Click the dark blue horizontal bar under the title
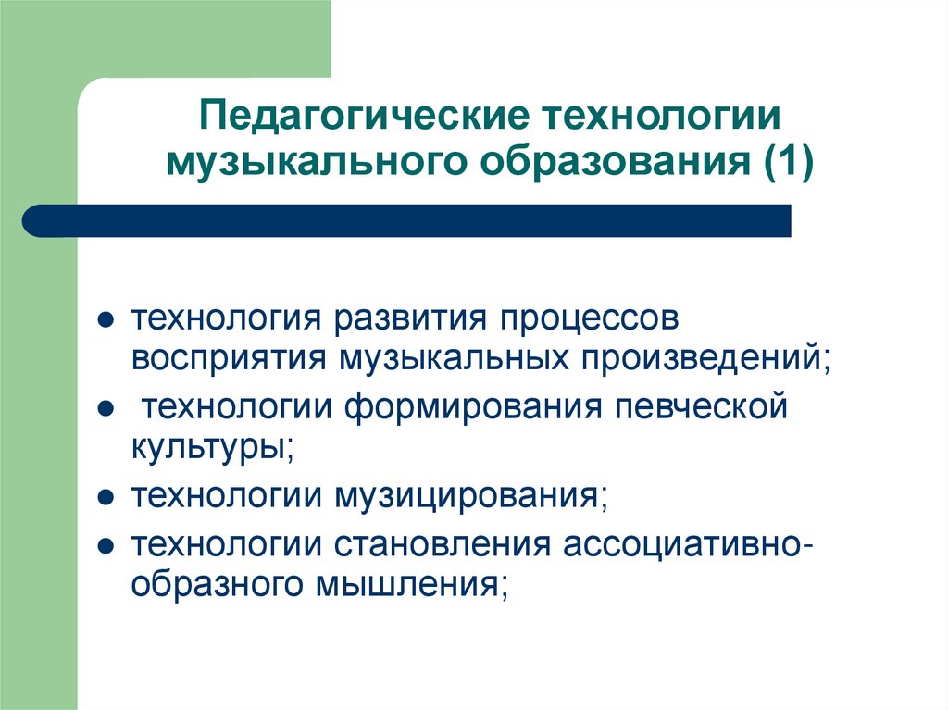[407, 221]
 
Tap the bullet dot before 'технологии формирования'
[106, 408]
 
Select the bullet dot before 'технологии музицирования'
[106, 497]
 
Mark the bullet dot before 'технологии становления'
[106, 542]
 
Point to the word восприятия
[229, 357]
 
